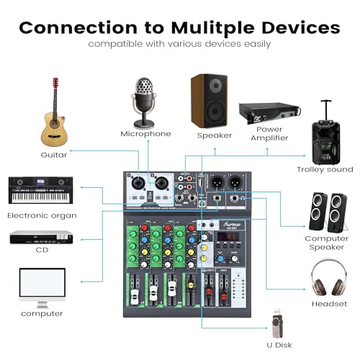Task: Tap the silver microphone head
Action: pos(144,91)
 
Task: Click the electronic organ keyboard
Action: pos(41,190)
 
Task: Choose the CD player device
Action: pos(42,237)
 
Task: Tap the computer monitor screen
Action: pos(42,283)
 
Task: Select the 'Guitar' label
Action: pos(54,155)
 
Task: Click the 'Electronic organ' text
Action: pos(42,215)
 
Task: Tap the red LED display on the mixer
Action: pos(229,236)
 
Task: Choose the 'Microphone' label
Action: pos(145,134)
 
